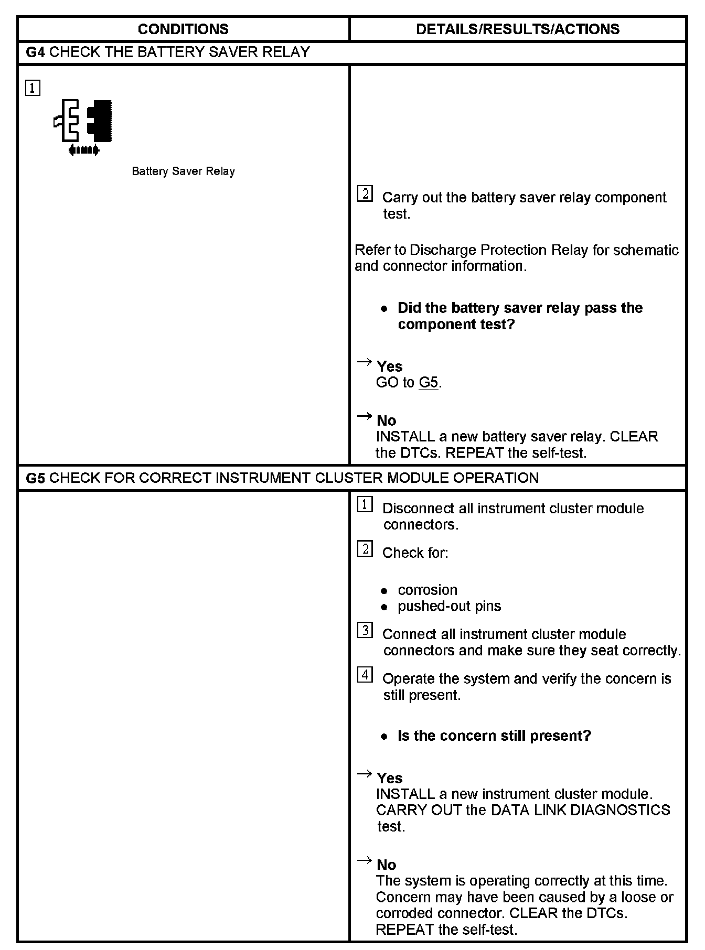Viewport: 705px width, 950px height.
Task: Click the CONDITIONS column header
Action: (x=183, y=29)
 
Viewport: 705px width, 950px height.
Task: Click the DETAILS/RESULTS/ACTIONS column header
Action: (x=517, y=29)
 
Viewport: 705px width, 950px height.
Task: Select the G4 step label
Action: (x=35, y=52)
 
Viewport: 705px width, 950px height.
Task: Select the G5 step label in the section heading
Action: (x=35, y=478)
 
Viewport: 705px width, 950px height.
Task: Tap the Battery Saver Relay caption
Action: (x=183, y=171)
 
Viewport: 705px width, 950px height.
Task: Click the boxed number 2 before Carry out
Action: (x=365, y=194)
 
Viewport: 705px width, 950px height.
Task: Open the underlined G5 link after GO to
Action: (x=429, y=383)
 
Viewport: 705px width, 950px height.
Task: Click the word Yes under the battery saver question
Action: (x=390, y=366)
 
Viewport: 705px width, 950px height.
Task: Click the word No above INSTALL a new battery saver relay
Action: (x=387, y=420)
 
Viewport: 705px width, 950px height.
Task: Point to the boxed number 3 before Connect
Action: (x=365, y=630)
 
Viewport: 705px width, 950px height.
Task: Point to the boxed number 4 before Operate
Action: (x=365, y=675)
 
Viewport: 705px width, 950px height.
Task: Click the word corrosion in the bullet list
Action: (x=428, y=590)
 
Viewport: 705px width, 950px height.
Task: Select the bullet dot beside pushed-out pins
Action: (x=384, y=607)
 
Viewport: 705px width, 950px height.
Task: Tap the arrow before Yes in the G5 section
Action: (x=364, y=774)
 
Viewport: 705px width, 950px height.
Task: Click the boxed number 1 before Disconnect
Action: (x=365, y=504)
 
